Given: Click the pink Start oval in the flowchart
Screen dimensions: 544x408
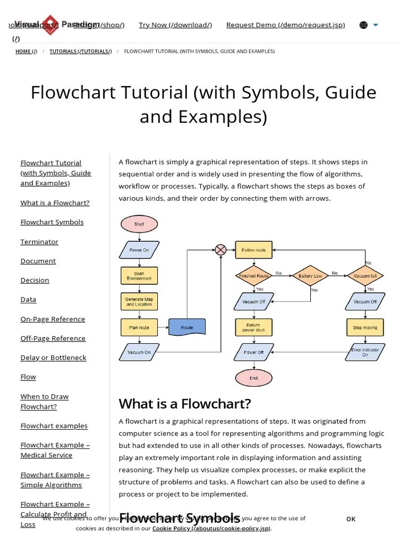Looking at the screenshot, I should tap(139, 224).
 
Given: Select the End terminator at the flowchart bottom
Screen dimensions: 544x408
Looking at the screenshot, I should tap(253, 378).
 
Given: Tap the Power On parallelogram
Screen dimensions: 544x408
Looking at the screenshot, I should tap(139, 250).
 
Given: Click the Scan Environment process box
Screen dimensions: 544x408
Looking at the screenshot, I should tap(139, 276).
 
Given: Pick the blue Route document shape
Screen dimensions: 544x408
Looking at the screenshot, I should tap(187, 327).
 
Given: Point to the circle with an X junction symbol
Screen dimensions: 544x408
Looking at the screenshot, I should tap(220, 250).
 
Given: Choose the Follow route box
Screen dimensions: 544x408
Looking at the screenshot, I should tap(253, 250).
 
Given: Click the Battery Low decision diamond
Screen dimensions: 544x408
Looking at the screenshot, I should tap(310, 276).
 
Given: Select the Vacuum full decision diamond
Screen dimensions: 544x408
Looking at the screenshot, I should tap(365, 276).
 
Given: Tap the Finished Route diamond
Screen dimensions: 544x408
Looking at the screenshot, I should tap(253, 276).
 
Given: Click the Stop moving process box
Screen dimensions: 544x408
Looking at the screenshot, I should tap(365, 327).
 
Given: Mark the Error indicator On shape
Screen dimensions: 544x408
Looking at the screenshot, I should tap(365, 352).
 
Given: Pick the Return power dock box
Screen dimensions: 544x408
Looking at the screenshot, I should tap(253, 327).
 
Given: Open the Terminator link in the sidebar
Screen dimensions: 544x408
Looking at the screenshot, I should tap(39, 242).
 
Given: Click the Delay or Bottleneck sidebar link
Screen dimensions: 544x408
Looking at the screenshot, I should tap(53, 358).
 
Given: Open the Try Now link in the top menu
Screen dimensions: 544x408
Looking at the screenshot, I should tap(175, 25).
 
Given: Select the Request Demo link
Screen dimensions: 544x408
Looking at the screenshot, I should tap(285, 25).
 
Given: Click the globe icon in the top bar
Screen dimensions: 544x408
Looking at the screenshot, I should tap(363, 25).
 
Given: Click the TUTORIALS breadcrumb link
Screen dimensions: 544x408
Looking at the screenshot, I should tap(81, 52).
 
